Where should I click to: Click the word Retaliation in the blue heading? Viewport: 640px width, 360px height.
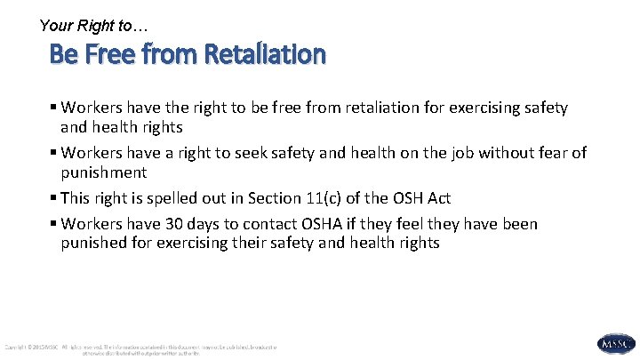(264, 54)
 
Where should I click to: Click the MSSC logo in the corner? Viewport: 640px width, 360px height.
(616, 344)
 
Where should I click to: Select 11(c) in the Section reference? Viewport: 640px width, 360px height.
(330, 197)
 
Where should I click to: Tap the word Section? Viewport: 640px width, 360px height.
(276, 197)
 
